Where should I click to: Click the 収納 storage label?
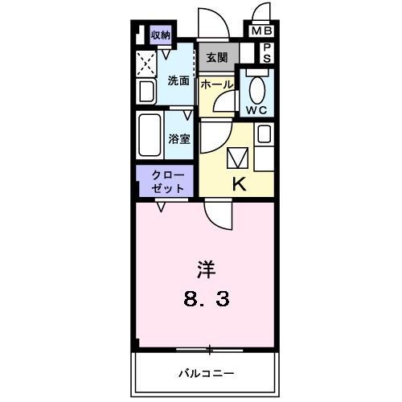click(161, 35)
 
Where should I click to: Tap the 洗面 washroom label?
click(178, 80)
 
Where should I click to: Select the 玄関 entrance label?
click(215, 57)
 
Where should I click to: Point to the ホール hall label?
click(216, 84)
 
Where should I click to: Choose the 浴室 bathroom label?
click(178, 138)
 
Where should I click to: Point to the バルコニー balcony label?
click(206, 374)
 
